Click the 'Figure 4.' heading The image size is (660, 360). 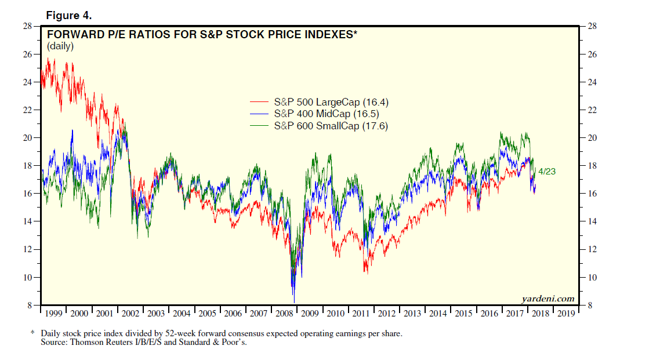[x=68, y=15]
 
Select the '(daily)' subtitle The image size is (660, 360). [x=60, y=46]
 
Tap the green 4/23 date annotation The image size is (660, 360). [x=547, y=172]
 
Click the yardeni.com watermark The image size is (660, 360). [x=548, y=299]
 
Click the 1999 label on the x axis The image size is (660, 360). [x=53, y=314]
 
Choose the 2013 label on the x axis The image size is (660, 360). [x=412, y=314]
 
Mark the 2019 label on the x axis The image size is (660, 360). [x=566, y=314]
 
